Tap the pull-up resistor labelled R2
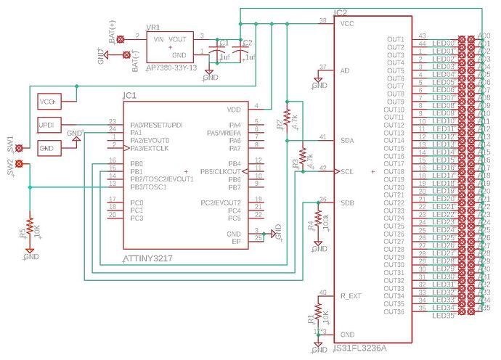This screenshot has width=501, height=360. tap(287, 117)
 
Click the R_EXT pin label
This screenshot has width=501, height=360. tap(351, 296)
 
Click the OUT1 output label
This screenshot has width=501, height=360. tap(395, 39)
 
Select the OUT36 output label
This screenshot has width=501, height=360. tap(395, 312)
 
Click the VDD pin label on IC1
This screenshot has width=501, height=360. tap(234, 110)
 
